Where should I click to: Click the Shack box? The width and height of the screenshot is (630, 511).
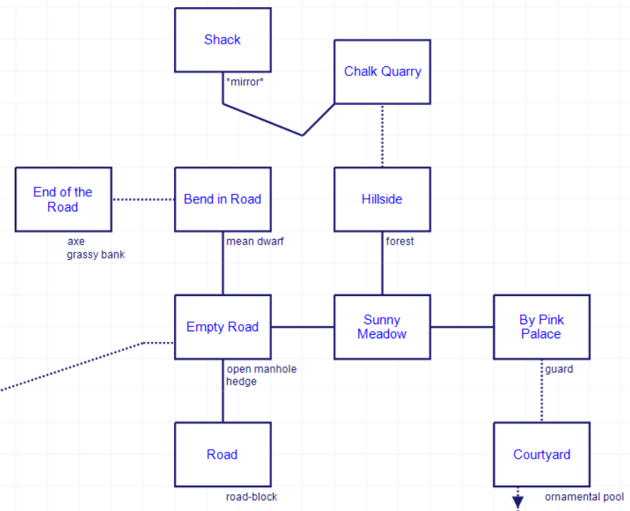tap(223, 40)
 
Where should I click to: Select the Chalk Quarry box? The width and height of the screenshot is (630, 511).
tap(382, 71)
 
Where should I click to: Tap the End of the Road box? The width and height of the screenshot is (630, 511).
tap(63, 199)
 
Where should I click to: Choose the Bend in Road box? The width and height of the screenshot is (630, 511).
tap(223, 199)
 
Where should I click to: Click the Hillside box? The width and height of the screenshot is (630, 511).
tap(382, 199)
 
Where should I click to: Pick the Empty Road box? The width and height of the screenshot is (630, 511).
tap(223, 327)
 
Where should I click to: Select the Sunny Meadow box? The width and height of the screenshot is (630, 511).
tap(382, 327)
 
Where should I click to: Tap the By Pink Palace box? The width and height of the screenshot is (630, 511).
tap(541, 327)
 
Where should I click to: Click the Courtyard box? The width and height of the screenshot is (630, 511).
tap(541, 455)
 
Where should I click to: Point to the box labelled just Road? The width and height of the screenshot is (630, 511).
tap(223, 455)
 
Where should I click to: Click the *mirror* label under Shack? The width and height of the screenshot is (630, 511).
tap(245, 82)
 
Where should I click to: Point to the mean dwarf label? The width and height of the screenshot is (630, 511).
tap(254, 242)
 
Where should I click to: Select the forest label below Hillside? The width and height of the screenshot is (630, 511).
tap(400, 242)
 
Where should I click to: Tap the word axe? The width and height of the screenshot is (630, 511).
tap(75, 242)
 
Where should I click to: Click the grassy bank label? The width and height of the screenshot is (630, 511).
tap(96, 254)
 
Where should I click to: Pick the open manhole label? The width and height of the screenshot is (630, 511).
tap(261, 369)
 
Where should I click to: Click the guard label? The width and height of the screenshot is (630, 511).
tap(559, 369)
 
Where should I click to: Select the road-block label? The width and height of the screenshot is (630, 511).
tap(252, 497)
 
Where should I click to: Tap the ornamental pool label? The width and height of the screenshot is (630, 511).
tap(584, 497)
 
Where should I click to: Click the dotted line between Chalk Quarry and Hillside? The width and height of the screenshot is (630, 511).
tap(383, 136)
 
